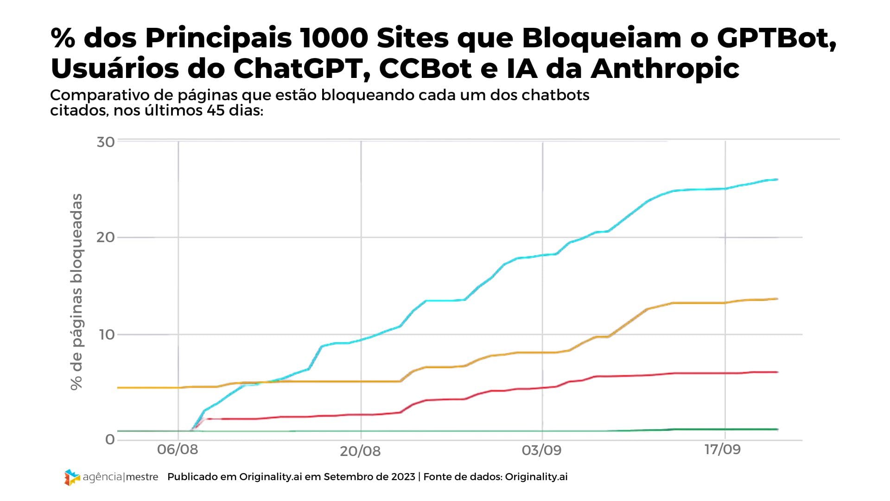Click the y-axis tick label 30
[x=106, y=142]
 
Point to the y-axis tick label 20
[x=106, y=238]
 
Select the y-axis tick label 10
[x=106, y=335]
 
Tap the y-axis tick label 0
[x=110, y=439]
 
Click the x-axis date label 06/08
[x=177, y=450]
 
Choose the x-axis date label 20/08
[x=360, y=451]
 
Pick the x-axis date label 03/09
[x=541, y=450]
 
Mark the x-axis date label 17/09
[x=722, y=450]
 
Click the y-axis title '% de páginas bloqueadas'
[x=76, y=292]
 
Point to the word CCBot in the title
[x=426, y=68]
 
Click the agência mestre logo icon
[x=72, y=477]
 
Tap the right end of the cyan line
[x=777, y=180]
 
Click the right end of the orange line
[x=777, y=299]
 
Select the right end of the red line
[x=777, y=372]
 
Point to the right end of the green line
[x=777, y=429]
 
